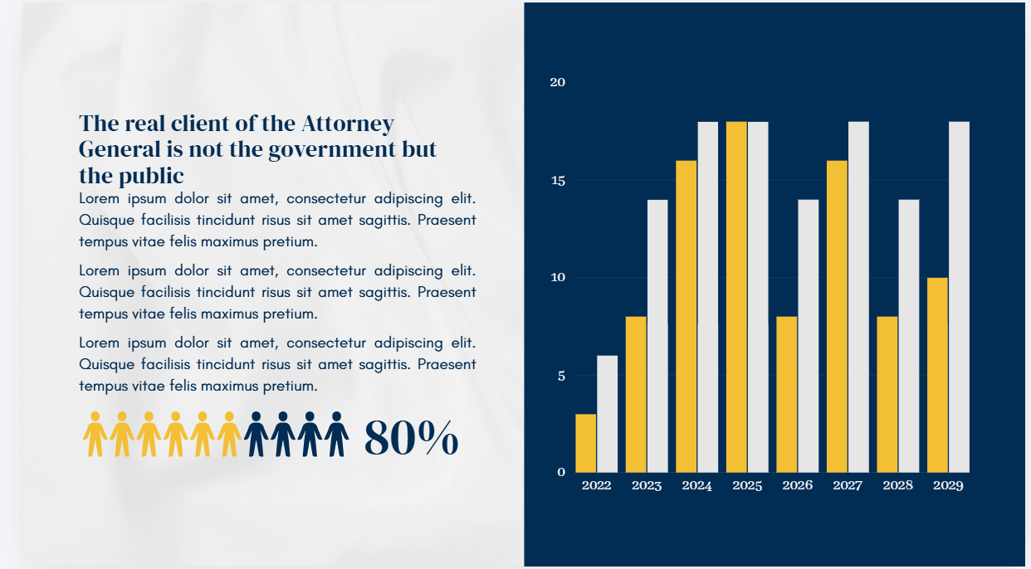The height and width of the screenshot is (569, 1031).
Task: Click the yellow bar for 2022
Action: click(x=585, y=443)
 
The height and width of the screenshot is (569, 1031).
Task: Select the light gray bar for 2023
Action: click(x=657, y=336)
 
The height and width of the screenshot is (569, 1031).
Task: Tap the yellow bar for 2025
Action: click(x=736, y=297)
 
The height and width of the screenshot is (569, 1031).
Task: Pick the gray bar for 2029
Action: click(x=960, y=297)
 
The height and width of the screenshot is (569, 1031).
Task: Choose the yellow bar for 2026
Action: click(x=787, y=394)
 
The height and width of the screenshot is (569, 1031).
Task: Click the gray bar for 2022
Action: click(x=607, y=414)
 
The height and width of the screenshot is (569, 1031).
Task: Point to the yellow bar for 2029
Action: click(x=937, y=375)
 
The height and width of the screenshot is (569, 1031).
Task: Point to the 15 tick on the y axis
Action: click(x=558, y=181)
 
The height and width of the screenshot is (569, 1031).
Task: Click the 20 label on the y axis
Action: click(x=557, y=82)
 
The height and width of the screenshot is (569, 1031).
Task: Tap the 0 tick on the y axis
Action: click(x=561, y=472)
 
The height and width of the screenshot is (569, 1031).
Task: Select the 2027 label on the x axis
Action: click(x=848, y=485)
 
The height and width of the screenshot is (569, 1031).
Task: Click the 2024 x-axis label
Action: click(x=696, y=485)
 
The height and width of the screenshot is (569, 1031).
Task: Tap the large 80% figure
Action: click(x=411, y=437)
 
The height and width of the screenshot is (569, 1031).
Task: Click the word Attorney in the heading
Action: click(x=348, y=124)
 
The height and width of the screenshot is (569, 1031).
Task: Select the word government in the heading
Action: click(x=332, y=150)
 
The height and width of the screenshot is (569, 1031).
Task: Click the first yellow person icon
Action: click(x=95, y=435)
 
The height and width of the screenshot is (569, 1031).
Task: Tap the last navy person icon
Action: click(x=336, y=435)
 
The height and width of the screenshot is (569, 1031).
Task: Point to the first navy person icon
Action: click(x=257, y=435)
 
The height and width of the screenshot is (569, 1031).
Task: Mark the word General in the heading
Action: click(x=120, y=149)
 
